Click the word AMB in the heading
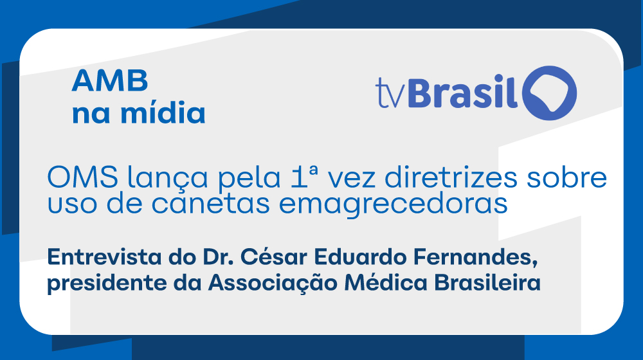110,81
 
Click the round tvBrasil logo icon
550,93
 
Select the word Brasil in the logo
463,91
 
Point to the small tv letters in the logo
390,94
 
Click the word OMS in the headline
83,177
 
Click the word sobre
566,177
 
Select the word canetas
211,203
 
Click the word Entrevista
104,257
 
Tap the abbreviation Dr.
217,257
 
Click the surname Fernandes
475,258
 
